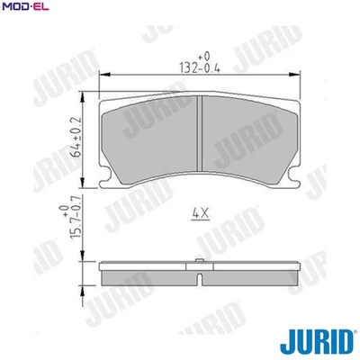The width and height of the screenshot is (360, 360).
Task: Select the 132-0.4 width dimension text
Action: pos(198,67)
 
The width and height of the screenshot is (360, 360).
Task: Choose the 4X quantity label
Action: pos(200,213)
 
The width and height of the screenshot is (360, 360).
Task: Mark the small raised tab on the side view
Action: pos(198,264)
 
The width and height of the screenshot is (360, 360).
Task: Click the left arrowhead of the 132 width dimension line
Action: pos(101,75)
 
